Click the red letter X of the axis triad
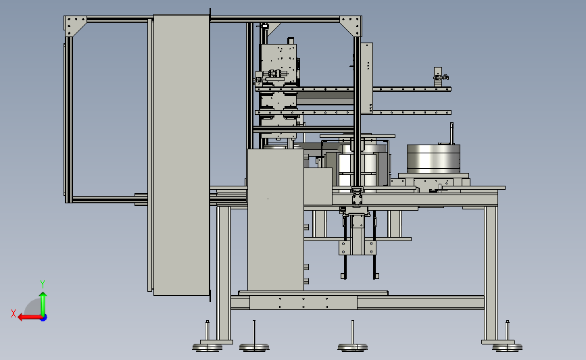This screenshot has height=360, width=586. pos(14,313)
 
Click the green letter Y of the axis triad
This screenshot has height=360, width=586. pos(43,284)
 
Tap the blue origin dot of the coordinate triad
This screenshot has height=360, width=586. pos(44,318)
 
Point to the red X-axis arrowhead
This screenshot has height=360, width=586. pos(21,317)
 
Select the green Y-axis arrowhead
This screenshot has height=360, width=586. pos(43,295)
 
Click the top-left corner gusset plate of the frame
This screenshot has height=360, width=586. pos(75,24)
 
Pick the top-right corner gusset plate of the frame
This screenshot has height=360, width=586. pos(351,24)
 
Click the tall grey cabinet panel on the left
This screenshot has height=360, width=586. pos(181,155)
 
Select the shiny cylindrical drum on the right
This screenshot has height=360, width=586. pos(433,159)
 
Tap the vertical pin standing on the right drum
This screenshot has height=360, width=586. pos(451,133)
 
